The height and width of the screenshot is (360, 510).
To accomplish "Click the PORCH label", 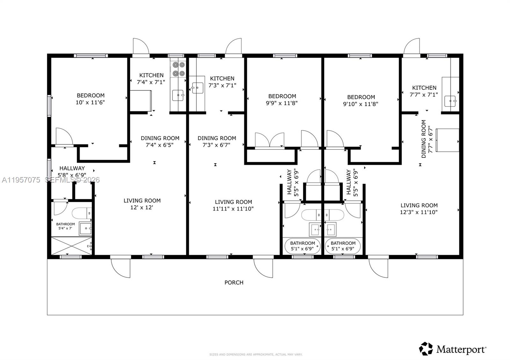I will tap(234, 283).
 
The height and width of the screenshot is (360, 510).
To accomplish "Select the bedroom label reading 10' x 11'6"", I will tap(90, 99).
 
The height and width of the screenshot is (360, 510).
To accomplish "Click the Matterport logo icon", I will tap(426, 349).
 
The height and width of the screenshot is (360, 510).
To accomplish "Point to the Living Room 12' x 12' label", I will tap(142, 204).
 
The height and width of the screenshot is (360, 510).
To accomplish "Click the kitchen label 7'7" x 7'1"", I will tap(424, 91).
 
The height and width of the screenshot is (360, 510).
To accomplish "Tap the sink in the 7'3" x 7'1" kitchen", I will tap(198, 88).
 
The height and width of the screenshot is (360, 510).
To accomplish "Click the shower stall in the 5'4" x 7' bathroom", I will tap(71, 246).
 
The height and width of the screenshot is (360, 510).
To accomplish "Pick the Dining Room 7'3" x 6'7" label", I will tap(217, 141).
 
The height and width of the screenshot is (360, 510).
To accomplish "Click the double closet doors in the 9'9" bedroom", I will tap(270, 140).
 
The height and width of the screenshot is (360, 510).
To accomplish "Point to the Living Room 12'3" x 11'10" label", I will tap(419, 209).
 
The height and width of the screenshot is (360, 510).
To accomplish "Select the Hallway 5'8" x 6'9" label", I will tap(72, 171).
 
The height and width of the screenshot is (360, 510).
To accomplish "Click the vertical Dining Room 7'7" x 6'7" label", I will tap(426, 139).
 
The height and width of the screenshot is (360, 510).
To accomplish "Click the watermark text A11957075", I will tap(21, 180).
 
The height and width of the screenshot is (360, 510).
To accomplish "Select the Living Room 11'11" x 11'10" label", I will tap(233, 205).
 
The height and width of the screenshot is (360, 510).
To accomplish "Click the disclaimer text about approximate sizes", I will tap(256, 354).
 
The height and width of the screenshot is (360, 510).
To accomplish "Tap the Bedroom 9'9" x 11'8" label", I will tap(282, 99).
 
